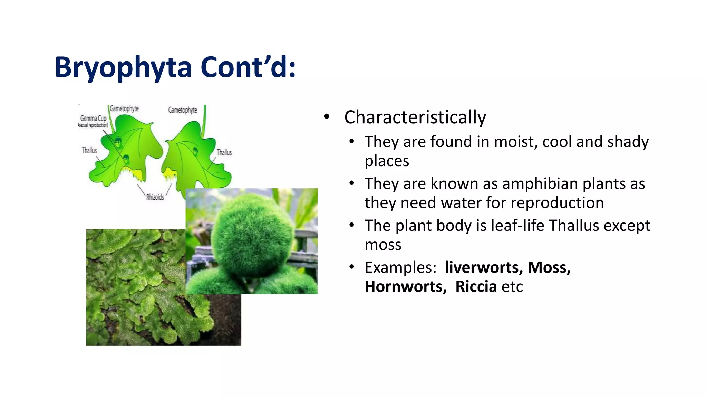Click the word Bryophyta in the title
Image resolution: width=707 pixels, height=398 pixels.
pos(123,68)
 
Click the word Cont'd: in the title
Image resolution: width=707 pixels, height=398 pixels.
pos(248,67)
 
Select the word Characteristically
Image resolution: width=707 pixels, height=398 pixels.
pos(415,117)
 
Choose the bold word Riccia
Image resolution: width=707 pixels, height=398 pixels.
pos(476,286)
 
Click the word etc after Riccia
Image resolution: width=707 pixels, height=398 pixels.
pos(512,287)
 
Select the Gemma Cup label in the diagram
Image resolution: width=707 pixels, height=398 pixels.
pos(93,119)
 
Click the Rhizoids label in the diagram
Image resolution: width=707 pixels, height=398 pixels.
pos(155,197)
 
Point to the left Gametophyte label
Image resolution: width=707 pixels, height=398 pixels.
pos(124,108)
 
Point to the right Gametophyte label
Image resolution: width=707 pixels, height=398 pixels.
pos(183,110)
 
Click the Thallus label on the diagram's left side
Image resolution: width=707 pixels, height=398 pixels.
pos(89,150)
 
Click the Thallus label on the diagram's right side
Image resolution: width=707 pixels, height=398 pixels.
pos(224,152)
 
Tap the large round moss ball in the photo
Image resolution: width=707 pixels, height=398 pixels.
pos(252,235)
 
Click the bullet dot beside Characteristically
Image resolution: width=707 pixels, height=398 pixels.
pos(327,117)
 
